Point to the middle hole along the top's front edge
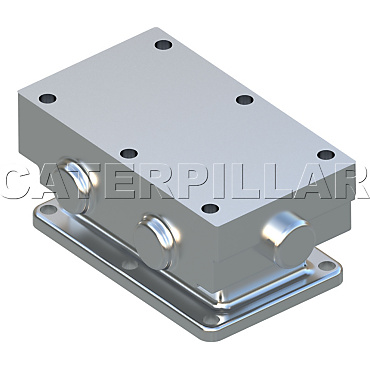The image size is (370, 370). (126, 153)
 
